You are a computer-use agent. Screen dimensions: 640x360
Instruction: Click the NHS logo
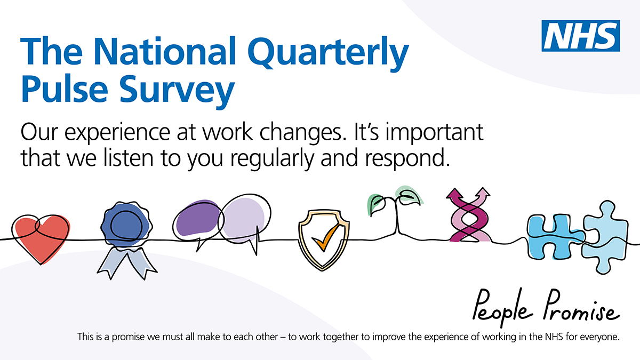pos(581,36)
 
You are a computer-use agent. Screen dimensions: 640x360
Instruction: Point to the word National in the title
pos(164,51)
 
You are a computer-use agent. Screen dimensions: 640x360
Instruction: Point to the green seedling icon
pos(396,209)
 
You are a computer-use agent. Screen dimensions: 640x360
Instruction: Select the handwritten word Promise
pos(581,306)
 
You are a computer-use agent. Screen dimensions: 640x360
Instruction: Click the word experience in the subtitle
pos(117,133)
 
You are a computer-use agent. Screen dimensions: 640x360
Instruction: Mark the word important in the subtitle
pos(435,133)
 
